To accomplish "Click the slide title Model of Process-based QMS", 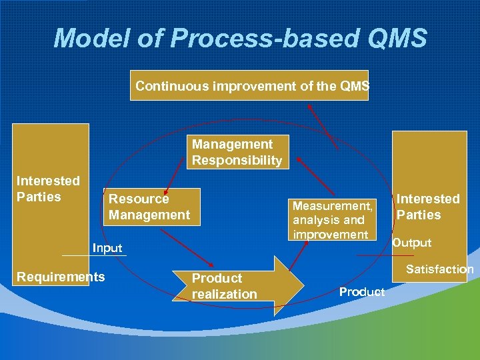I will pyautogui.click(x=240, y=38).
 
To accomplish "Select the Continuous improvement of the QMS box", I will pyautogui.click(x=249, y=85).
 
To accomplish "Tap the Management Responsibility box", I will pyautogui.click(x=237, y=152).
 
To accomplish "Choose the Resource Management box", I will pyautogui.click(x=150, y=207).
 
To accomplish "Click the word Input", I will pyautogui.click(x=107, y=248).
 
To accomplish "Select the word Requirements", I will pyautogui.click(x=61, y=277).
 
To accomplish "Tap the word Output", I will pyautogui.click(x=411, y=243).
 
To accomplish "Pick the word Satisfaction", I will pyautogui.click(x=439, y=269).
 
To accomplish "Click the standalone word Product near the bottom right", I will pyautogui.click(x=362, y=291).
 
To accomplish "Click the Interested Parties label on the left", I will pyautogui.click(x=48, y=189).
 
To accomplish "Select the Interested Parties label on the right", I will pyautogui.click(x=428, y=207).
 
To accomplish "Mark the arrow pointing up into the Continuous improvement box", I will pyautogui.click(x=323, y=124).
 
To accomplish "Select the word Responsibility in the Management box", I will pyautogui.click(x=237, y=160).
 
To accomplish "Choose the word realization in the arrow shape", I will pyautogui.click(x=225, y=294).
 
